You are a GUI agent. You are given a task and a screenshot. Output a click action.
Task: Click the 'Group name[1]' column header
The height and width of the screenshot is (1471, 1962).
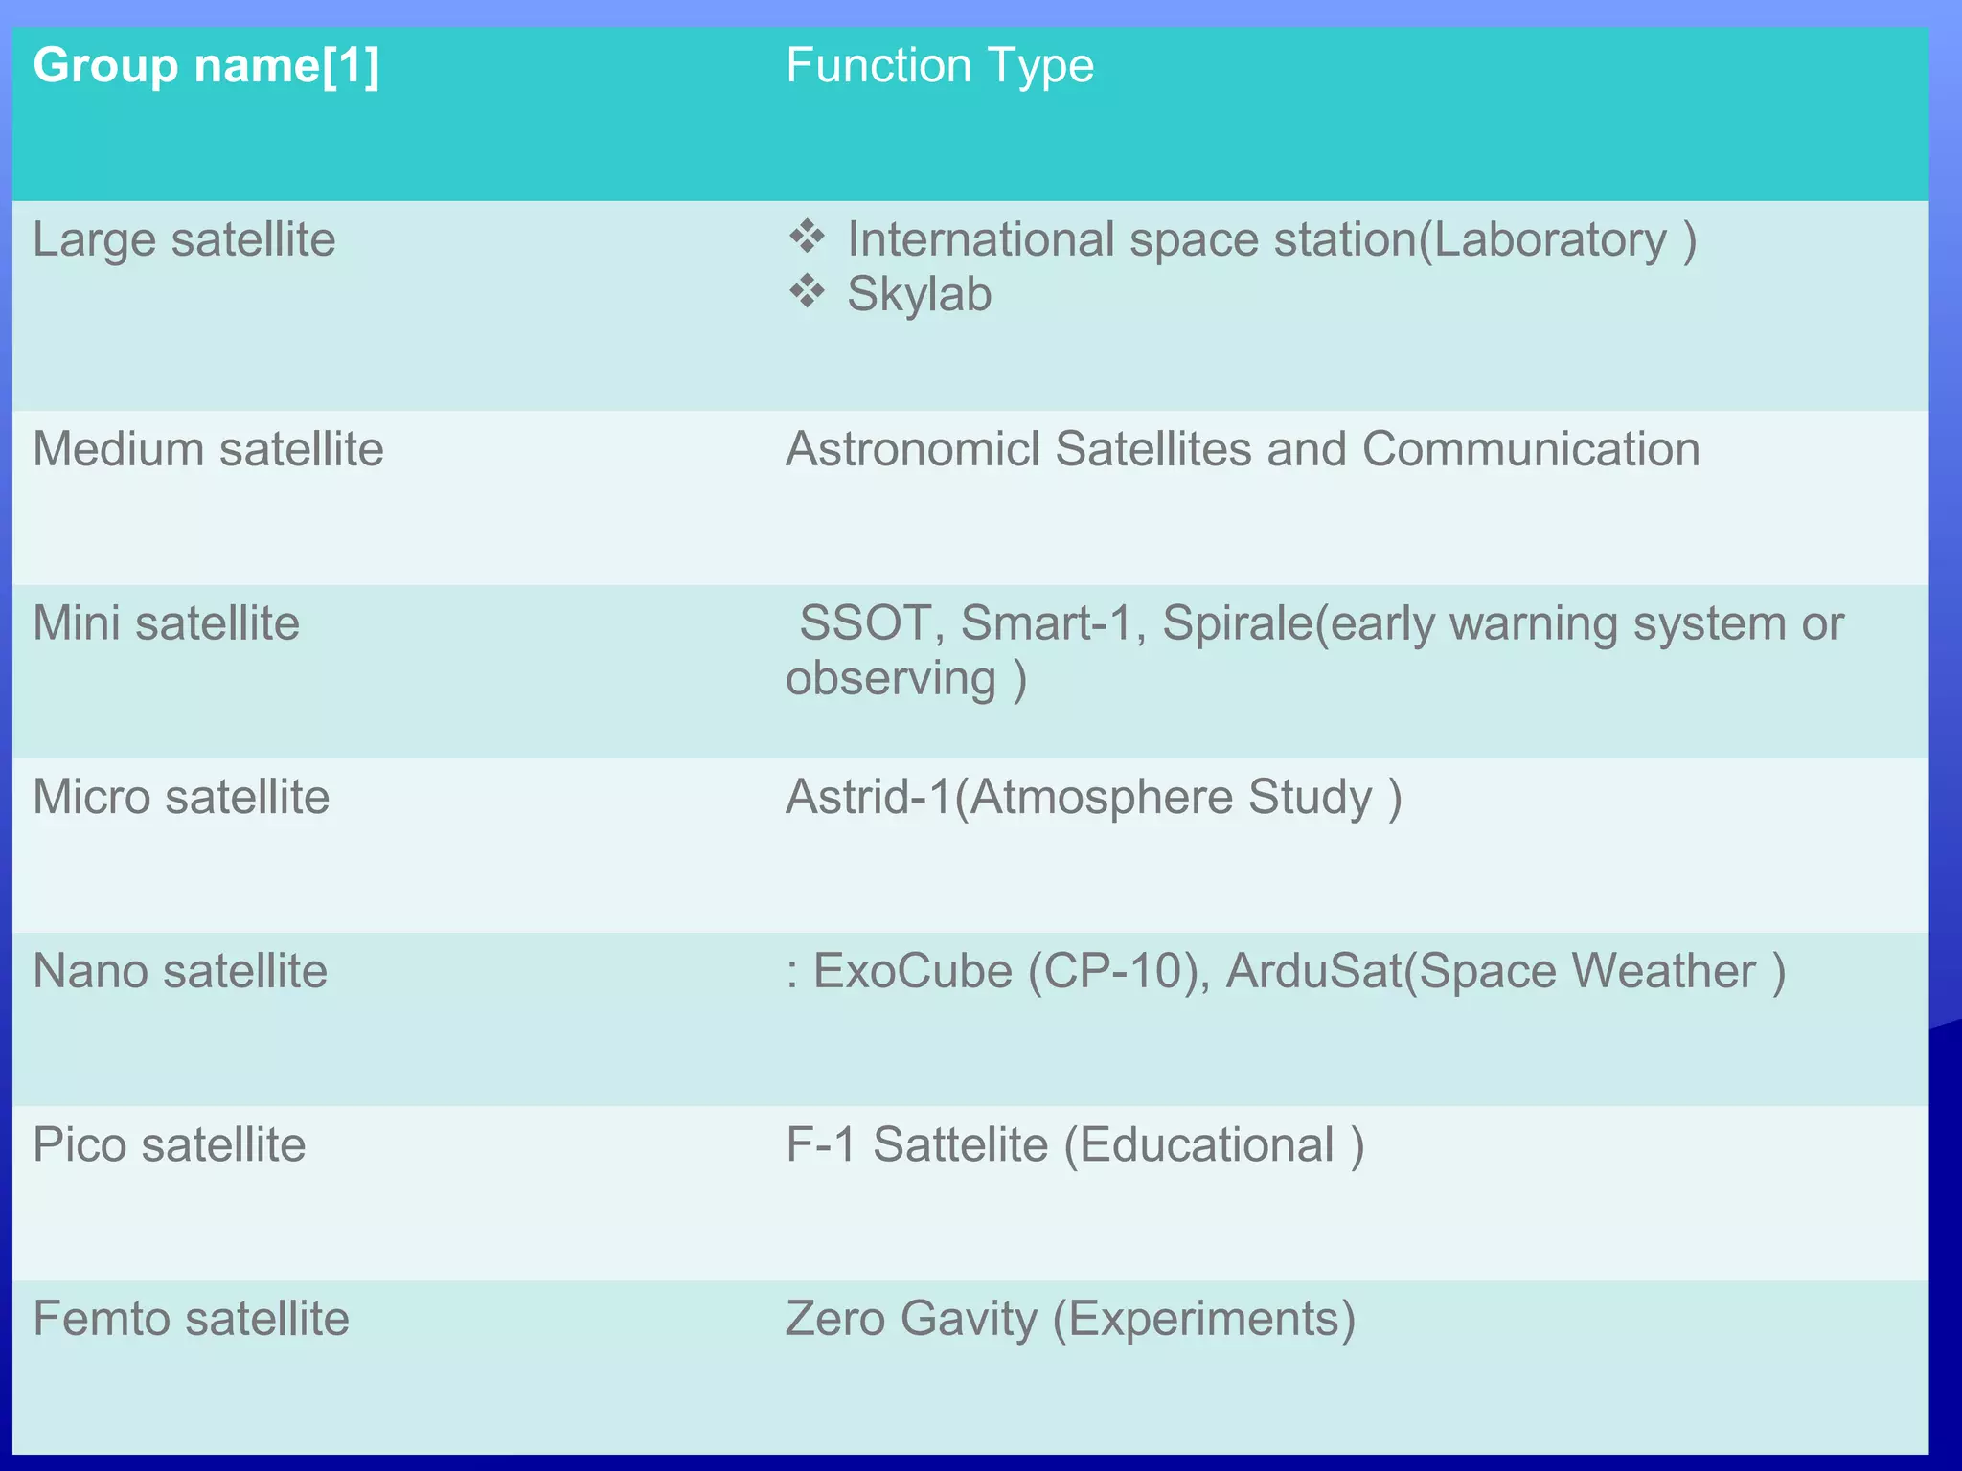[x=206, y=66]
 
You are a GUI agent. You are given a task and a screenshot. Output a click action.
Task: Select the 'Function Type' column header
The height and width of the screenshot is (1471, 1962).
[x=939, y=66]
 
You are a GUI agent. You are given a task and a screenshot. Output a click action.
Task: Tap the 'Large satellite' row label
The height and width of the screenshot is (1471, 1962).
[x=184, y=239]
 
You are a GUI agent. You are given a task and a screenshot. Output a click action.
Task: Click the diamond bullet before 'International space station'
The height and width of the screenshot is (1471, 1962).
[x=807, y=237]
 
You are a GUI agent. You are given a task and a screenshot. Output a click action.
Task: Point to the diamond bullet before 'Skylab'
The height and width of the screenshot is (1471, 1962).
[x=807, y=291]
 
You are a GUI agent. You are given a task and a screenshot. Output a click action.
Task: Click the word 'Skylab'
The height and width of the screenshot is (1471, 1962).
[x=919, y=294]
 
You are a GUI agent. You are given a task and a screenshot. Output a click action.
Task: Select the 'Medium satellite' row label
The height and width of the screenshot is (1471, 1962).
[x=208, y=449]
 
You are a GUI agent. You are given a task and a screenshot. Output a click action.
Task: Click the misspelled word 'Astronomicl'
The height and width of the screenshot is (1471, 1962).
[x=912, y=449]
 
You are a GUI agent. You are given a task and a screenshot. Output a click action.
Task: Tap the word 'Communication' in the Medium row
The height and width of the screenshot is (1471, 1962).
[x=1530, y=449]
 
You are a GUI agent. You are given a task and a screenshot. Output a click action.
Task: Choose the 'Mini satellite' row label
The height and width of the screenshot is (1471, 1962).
[x=166, y=623]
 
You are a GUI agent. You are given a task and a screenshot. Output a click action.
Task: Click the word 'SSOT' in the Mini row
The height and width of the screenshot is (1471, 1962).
[x=865, y=623]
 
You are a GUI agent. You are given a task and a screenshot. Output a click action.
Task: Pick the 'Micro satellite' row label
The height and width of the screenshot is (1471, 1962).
[x=181, y=797]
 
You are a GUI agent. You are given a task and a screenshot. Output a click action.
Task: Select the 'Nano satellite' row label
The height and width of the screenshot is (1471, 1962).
[x=180, y=971]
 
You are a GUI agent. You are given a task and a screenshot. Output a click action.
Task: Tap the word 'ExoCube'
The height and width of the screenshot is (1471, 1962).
[x=912, y=971]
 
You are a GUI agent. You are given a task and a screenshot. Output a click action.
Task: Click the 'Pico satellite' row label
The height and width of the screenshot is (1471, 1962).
[x=169, y=1144]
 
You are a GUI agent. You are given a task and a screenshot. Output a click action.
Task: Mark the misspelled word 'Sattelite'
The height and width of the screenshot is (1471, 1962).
[x=960, y=1144]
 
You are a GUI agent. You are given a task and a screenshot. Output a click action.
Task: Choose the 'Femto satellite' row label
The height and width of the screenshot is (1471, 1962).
[x=191, y=1319]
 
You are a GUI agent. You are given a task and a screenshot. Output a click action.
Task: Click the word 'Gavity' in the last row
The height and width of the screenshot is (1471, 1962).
[x=969, y=1319]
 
